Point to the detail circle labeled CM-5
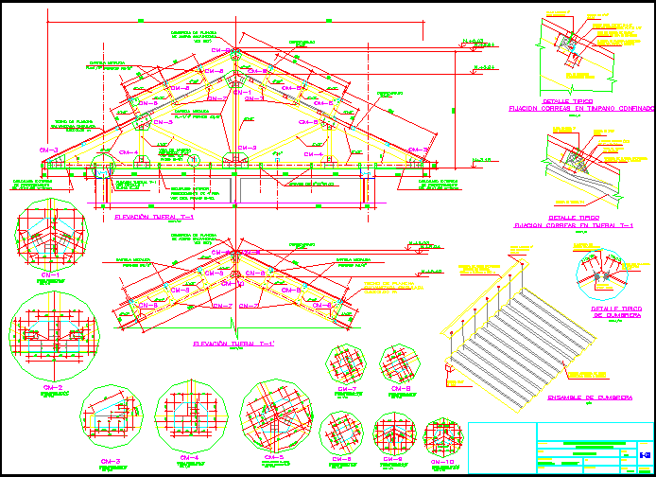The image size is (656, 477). coord(275,415)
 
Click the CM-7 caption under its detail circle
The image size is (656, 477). coord(346,390)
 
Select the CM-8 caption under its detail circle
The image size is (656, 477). coord(400,388)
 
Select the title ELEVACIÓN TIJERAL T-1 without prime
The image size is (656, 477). coord(154,218)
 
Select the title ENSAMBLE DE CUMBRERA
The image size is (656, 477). coord(588,397)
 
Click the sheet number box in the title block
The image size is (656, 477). coord(644,455)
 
